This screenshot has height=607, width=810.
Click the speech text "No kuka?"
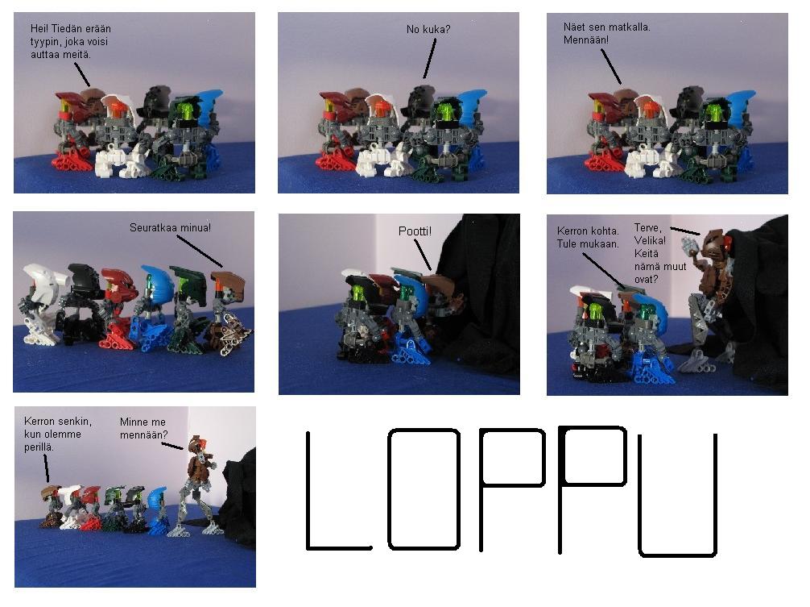428,30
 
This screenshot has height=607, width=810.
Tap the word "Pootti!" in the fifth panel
415,231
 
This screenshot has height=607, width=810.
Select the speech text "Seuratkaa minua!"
170,227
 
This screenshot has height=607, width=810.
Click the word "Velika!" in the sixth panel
650,240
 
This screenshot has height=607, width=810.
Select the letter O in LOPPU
424,489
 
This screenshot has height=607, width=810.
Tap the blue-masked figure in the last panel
157,509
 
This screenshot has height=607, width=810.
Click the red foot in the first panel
72,160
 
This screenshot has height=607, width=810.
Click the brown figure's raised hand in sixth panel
689,244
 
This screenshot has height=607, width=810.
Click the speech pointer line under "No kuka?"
429,58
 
